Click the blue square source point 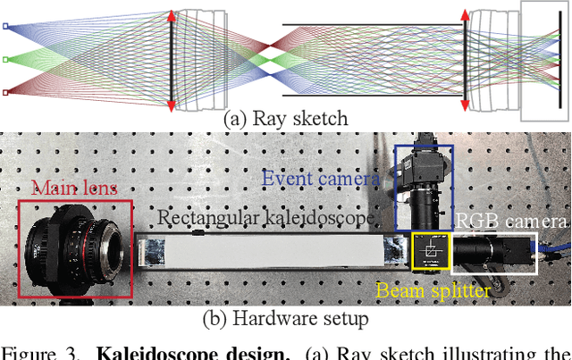5,27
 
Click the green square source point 5,59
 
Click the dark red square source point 5,91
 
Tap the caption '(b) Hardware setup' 285,317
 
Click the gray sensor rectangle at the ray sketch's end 545,59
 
